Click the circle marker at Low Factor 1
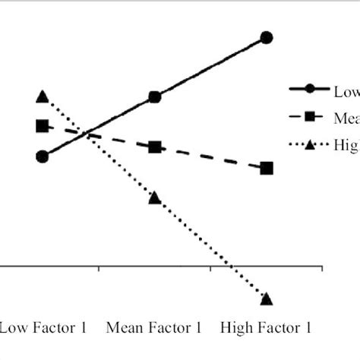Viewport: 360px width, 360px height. click(x=43, y=156)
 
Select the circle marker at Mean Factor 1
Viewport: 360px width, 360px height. click(x=154, y=97)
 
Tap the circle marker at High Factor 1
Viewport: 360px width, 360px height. click(x=266, y=37)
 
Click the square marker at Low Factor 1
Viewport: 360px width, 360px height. click(x=43, y=126)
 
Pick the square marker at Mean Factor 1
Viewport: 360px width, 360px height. click(x=154, y=147)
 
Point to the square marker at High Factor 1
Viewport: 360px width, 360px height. click(x=266, y=168)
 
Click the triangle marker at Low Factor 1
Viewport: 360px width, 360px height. click(x=43, y=96)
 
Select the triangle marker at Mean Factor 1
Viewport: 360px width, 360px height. click(x=154, y=197)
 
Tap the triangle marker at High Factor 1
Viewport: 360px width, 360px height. click(x=266, y=298)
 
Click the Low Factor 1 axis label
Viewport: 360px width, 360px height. click(x=43, y=329)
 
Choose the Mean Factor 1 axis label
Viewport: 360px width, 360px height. click(x=154, y=329)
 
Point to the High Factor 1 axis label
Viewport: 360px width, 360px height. click(x=266, y=329)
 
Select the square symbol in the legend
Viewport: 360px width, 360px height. click(x=309, y=117)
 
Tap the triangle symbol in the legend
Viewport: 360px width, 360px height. click(x=309, y=144)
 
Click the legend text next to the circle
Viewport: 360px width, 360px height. click(x=346, y=90)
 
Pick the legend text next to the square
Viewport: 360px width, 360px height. click(x=346, y=117)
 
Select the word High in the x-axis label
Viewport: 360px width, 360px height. click(x=236, y=329)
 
